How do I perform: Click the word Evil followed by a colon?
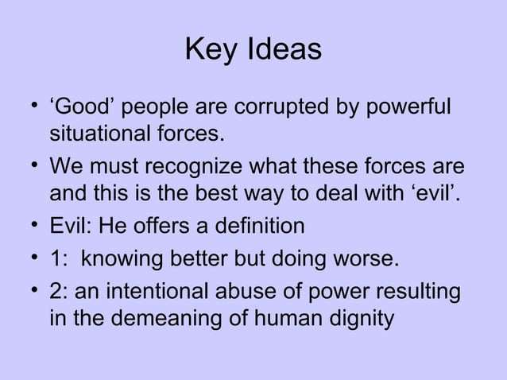pos(69,227)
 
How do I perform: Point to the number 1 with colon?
pos(57,260)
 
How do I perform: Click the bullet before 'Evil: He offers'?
pos(31,227)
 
